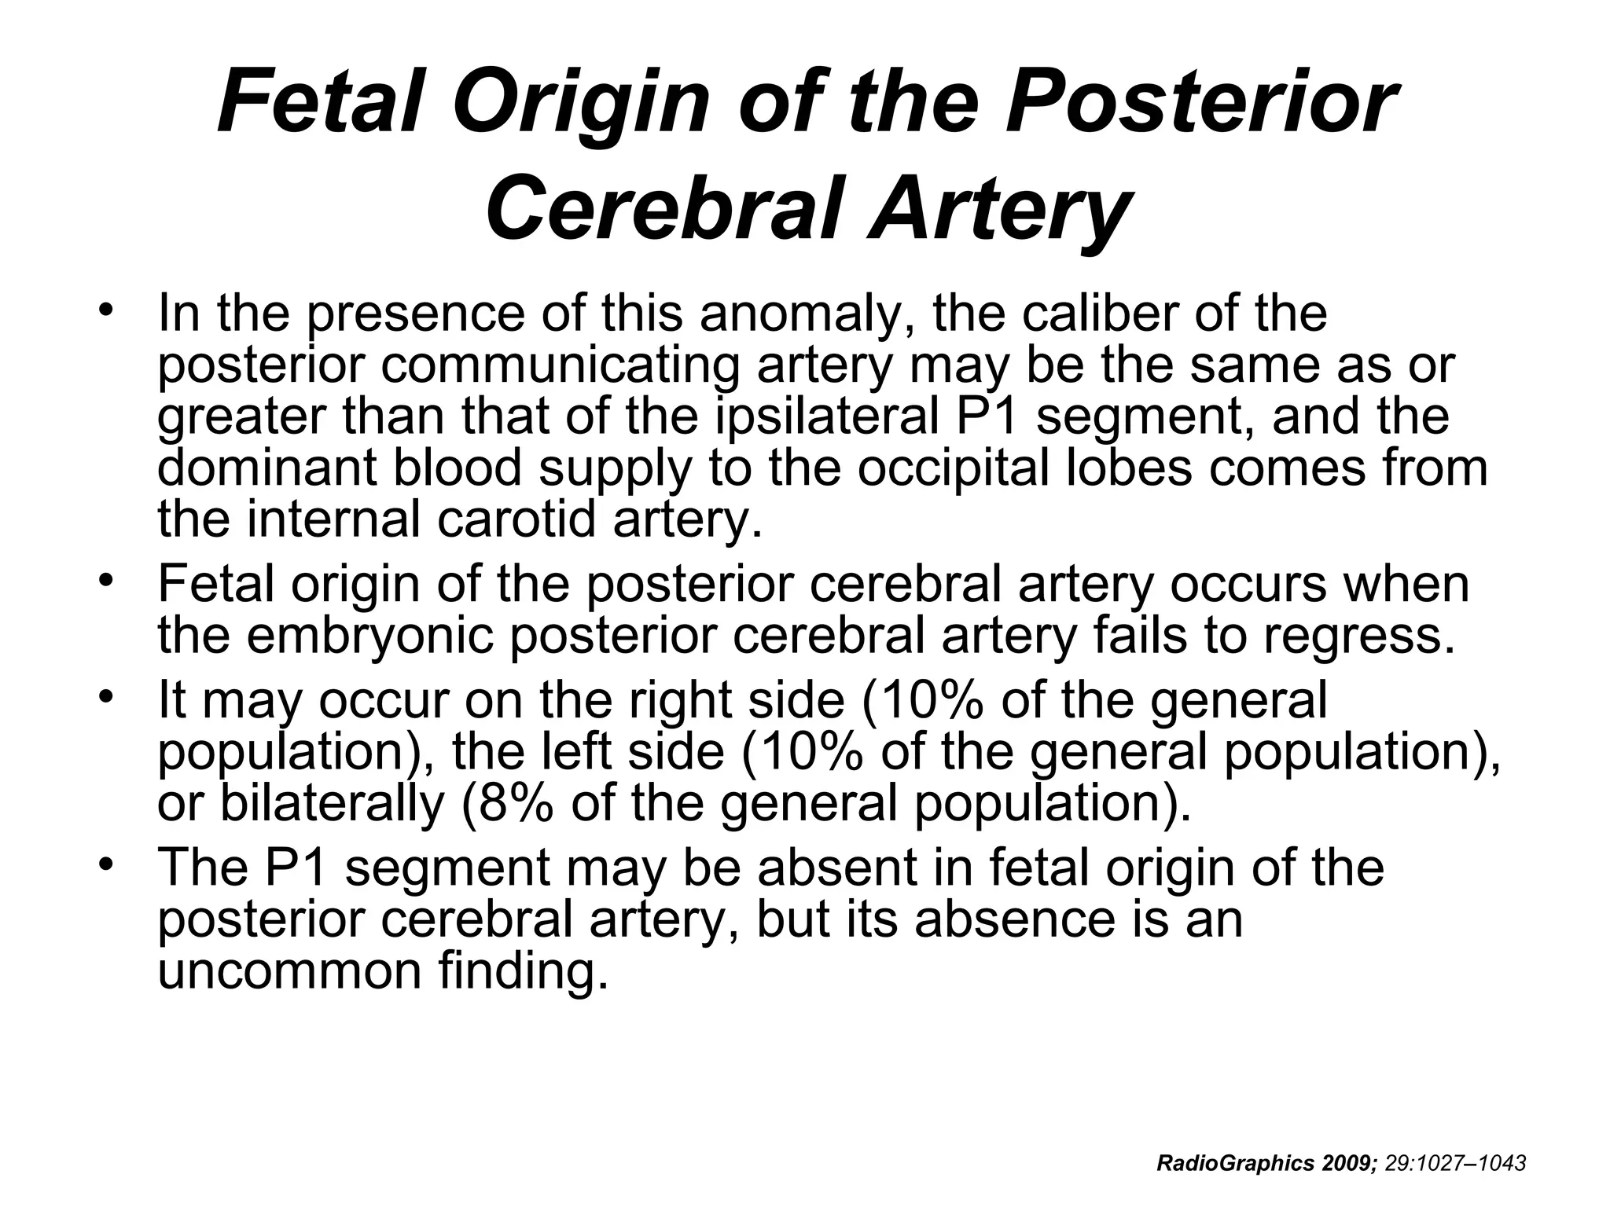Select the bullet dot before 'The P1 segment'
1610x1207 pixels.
pos(107,864)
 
